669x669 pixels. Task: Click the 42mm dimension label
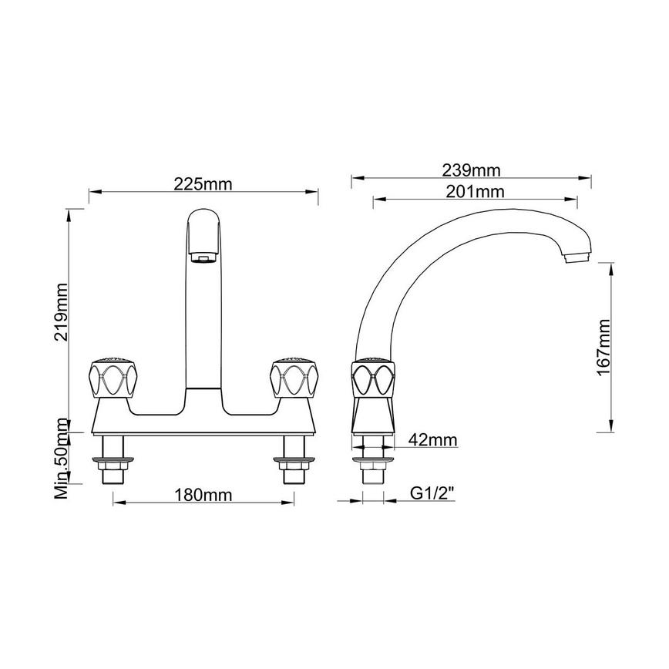pos(432,440)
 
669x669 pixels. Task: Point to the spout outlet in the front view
pos(203,257)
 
